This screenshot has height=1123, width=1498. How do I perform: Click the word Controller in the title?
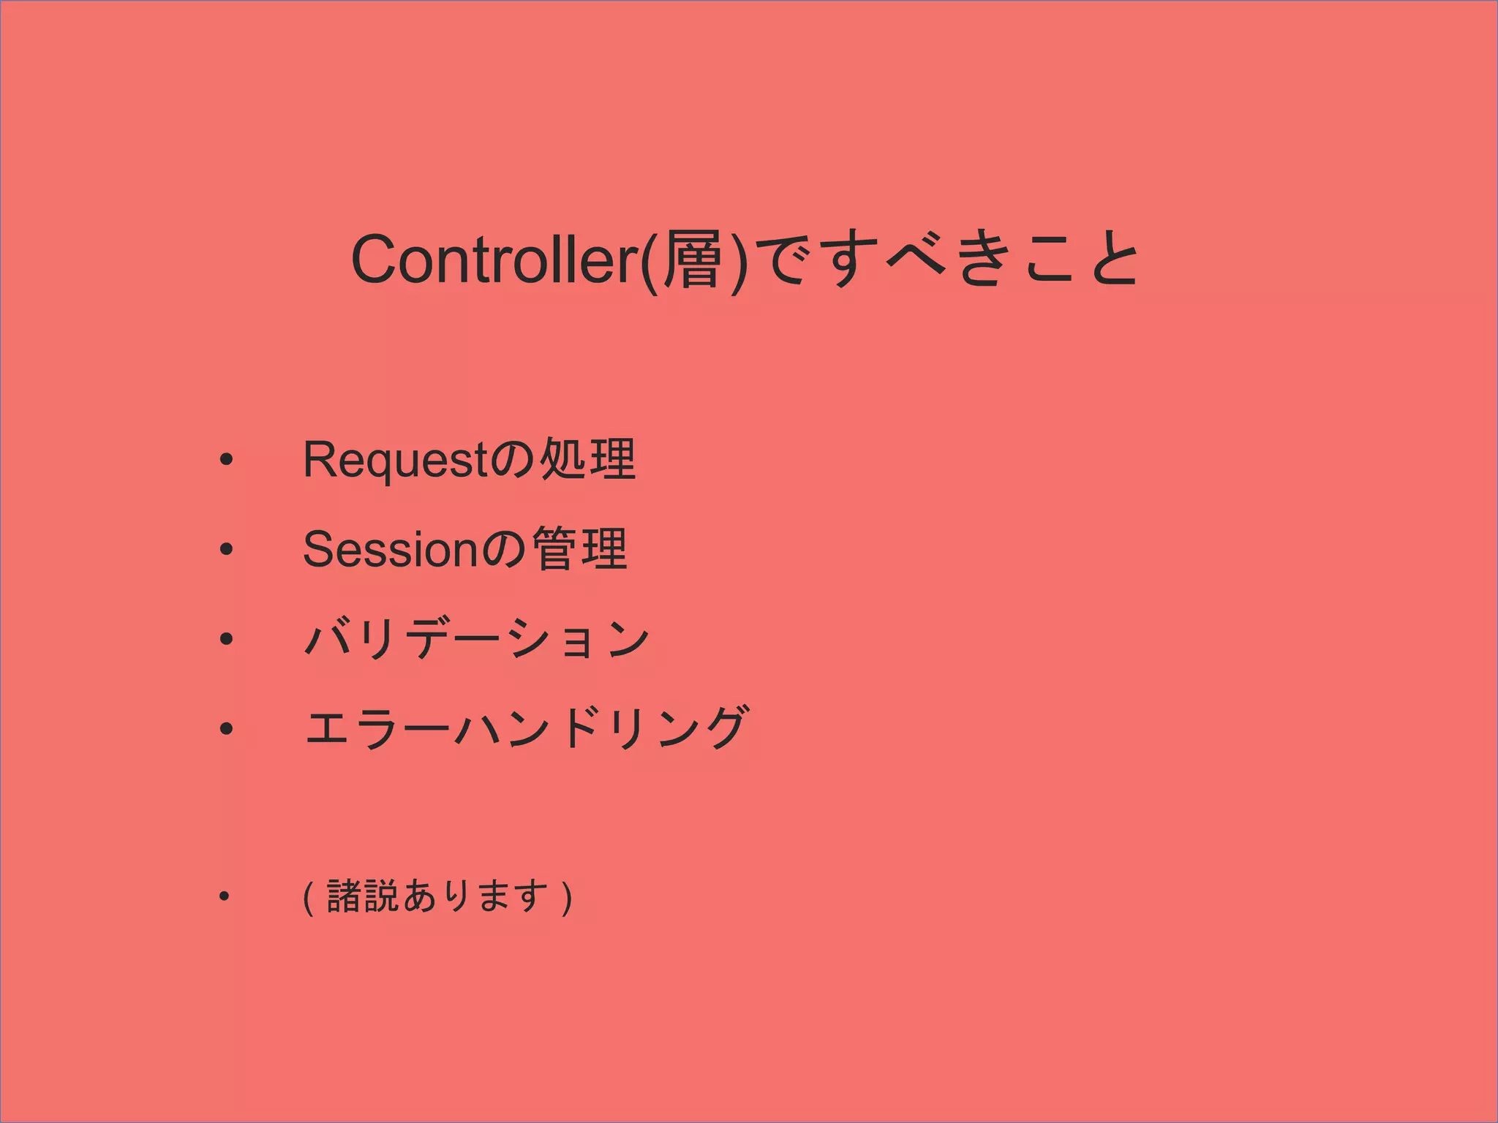494,260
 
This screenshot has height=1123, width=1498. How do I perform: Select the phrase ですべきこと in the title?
944,260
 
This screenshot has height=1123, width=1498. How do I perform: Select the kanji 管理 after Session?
579,550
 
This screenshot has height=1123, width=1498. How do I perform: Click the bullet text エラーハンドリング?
526,728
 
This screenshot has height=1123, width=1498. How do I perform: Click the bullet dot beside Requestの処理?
226,461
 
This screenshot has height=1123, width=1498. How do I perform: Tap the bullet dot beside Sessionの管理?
226,550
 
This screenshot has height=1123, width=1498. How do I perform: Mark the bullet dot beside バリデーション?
226,639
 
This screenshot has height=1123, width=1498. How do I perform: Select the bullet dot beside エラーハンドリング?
226,728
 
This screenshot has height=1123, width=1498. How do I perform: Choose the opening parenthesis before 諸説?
309,898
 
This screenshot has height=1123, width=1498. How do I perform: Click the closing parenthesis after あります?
566,898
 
